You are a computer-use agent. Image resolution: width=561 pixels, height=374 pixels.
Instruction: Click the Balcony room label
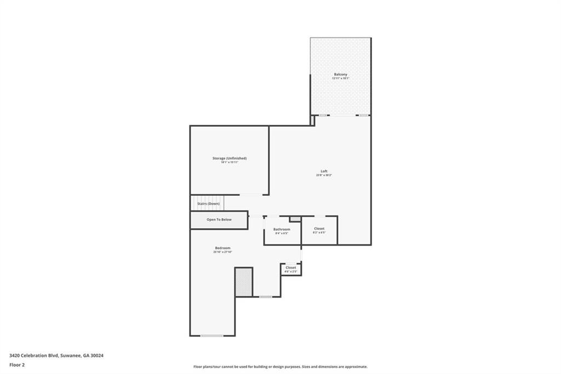click(x=340, y=74)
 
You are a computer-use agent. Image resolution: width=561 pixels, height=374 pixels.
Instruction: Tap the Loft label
click(x=324, y=171)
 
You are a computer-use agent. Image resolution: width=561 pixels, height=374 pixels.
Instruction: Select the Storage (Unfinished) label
click(x=230, y=158)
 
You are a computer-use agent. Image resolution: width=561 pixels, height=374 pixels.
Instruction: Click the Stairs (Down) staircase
click(x=208, y=203)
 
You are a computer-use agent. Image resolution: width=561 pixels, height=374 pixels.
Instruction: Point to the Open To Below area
click(x=219, y=219)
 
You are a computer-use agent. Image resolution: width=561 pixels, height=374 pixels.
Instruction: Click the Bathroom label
click(x=282, y=229)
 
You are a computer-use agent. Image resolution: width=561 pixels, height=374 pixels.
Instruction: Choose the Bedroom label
click(x=222, y=248)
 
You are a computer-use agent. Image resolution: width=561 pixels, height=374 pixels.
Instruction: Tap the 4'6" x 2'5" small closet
click(x=290, y=269)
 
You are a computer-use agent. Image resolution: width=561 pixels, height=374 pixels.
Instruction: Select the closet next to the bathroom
click(x=319, y=230)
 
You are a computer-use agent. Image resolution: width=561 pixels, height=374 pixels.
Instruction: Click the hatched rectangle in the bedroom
click(x=243, y=282)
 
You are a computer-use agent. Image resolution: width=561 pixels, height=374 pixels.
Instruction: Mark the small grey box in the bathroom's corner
click(x=295, y=219)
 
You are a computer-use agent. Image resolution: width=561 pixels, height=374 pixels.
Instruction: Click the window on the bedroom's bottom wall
click(x=211, y=336)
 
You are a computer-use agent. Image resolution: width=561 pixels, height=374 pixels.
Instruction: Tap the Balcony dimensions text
click(x=340, y=79)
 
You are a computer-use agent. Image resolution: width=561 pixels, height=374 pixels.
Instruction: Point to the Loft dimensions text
click(x=324, y=175)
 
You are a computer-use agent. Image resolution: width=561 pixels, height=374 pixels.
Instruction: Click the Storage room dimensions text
click(x=230, y=162)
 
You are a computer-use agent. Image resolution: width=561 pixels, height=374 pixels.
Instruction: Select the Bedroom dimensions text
click(x=222, y=252)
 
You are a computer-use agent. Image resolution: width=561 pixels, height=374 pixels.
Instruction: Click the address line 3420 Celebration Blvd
click(x=56, y=355)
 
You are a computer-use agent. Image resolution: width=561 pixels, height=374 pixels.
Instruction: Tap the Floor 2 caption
click(x=17, y=365)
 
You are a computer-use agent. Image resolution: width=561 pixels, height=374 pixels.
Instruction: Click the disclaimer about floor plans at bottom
click(x=280, y=367)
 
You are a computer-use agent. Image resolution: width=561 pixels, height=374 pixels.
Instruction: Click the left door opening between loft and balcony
click(x=323, y=115)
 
